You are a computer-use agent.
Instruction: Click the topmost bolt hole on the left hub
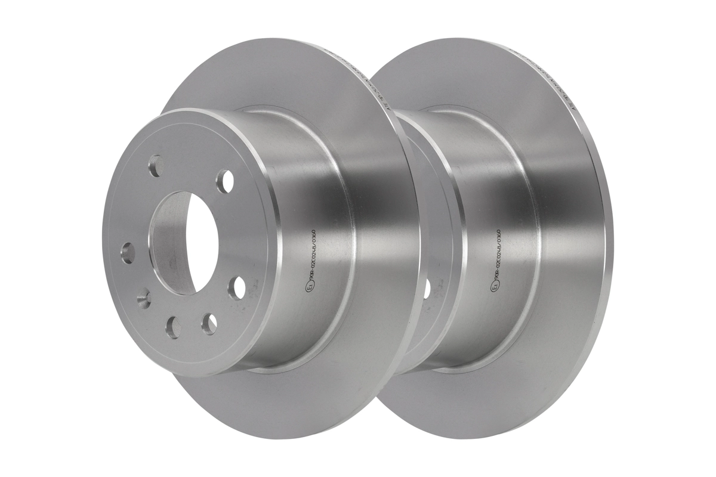tap(156, 166)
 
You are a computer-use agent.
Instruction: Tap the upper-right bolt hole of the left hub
tap(225, 181)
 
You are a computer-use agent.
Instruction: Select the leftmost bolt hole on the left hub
tap(127, 253)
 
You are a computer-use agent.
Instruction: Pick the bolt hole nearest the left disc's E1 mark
tap(236, 287)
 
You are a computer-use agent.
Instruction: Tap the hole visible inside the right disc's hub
tap(427, 289)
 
